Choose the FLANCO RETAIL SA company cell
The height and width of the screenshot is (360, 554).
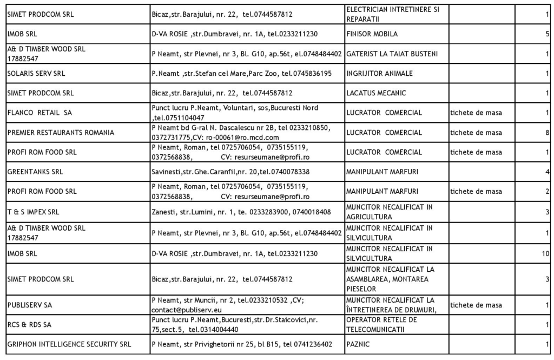[x=39, y=113]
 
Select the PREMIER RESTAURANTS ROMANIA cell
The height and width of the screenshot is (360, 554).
[x=61, y=133]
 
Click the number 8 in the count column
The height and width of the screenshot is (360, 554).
[x=548, y=133]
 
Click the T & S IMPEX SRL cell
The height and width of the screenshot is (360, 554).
[x=33, y=211]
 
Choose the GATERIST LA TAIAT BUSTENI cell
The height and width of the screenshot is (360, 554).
[x=392, y=54]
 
